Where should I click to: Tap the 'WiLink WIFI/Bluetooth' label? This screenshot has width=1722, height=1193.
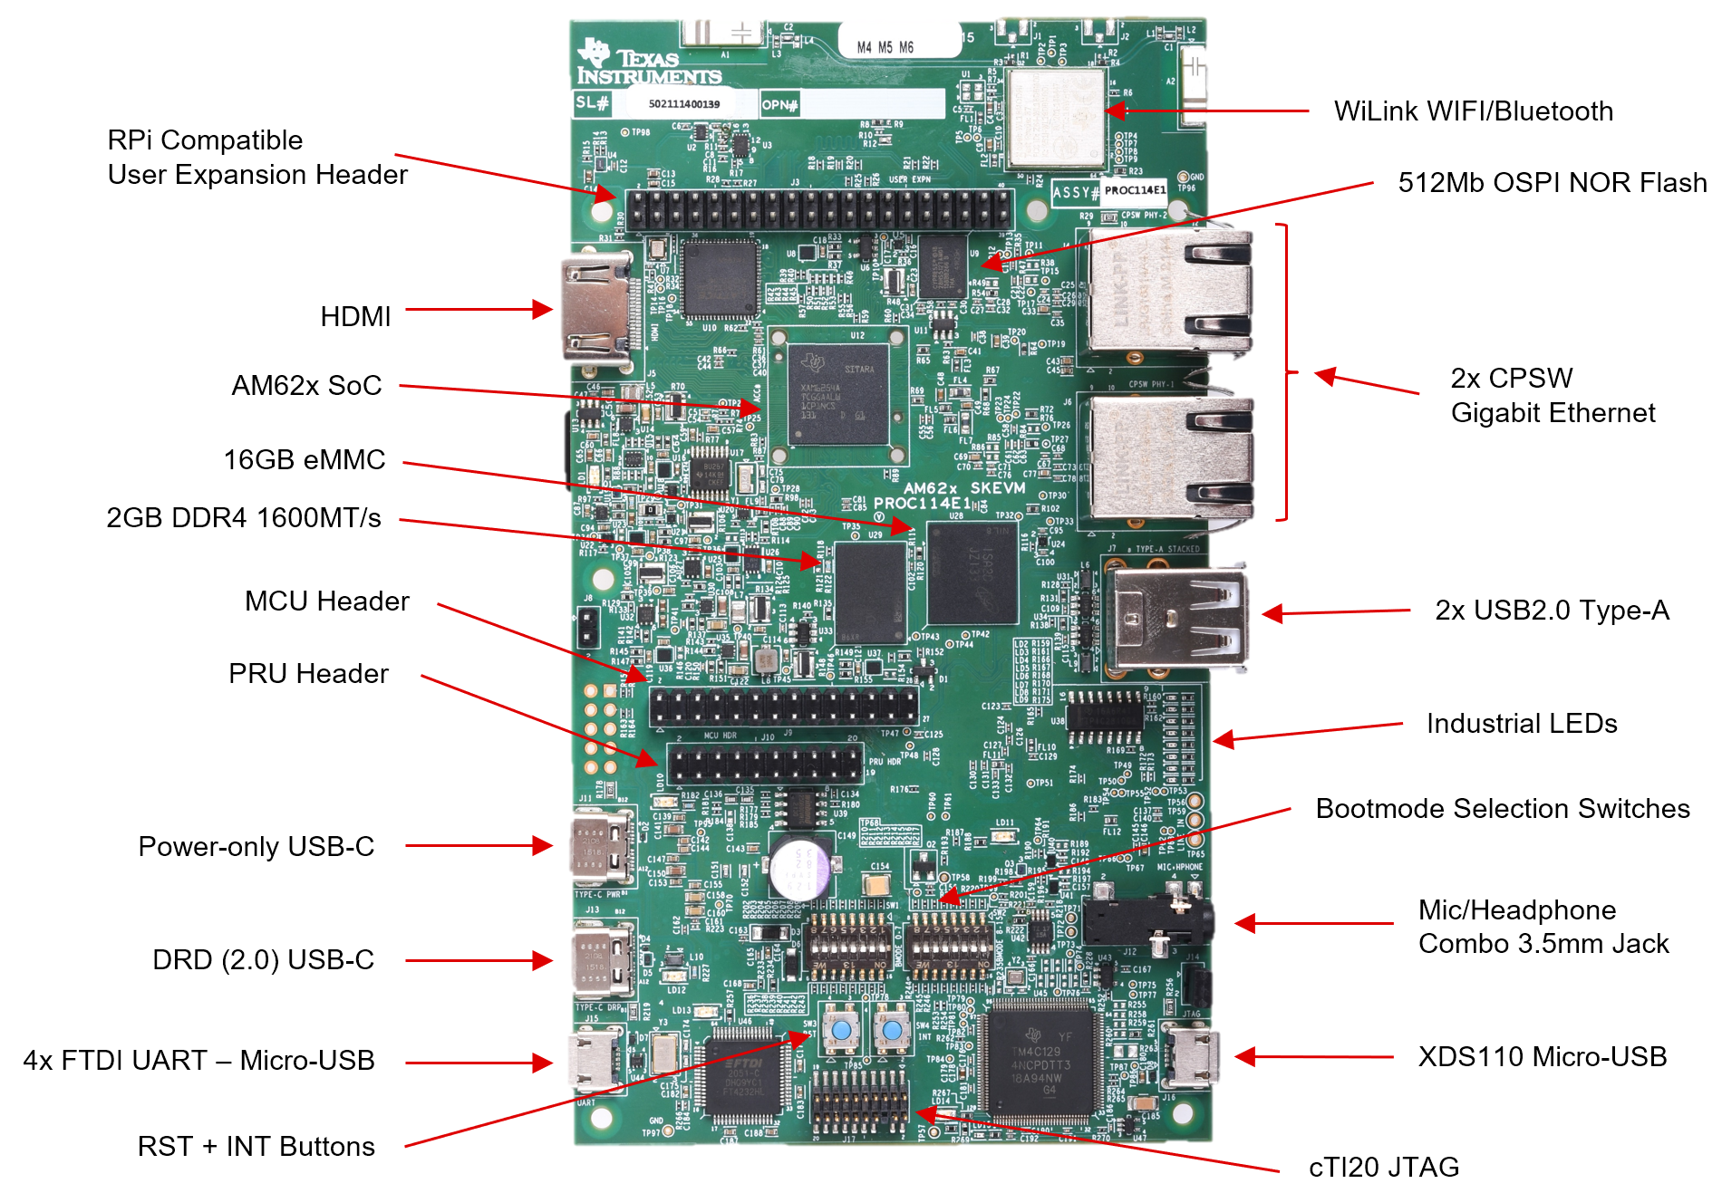(1473, 111)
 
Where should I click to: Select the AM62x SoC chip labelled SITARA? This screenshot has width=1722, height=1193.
(837, 394)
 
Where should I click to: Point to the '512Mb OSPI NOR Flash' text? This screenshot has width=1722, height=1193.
(1551, 183)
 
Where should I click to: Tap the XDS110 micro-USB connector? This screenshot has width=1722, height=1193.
(1188, 1056)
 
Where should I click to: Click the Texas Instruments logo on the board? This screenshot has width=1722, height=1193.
(647, 63)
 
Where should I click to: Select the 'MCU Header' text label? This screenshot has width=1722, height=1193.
(326, 601)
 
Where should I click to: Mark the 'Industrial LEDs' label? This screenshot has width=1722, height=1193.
(1521, 724)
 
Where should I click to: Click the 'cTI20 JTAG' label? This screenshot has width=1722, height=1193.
(1383, 1168)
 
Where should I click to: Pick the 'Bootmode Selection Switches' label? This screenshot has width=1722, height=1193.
(1502, 809)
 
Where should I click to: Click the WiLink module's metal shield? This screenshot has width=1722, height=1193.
(1055, 118)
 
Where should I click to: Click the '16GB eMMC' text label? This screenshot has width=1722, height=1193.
(304, 460)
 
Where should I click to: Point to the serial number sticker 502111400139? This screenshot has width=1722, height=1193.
(684, 104)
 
